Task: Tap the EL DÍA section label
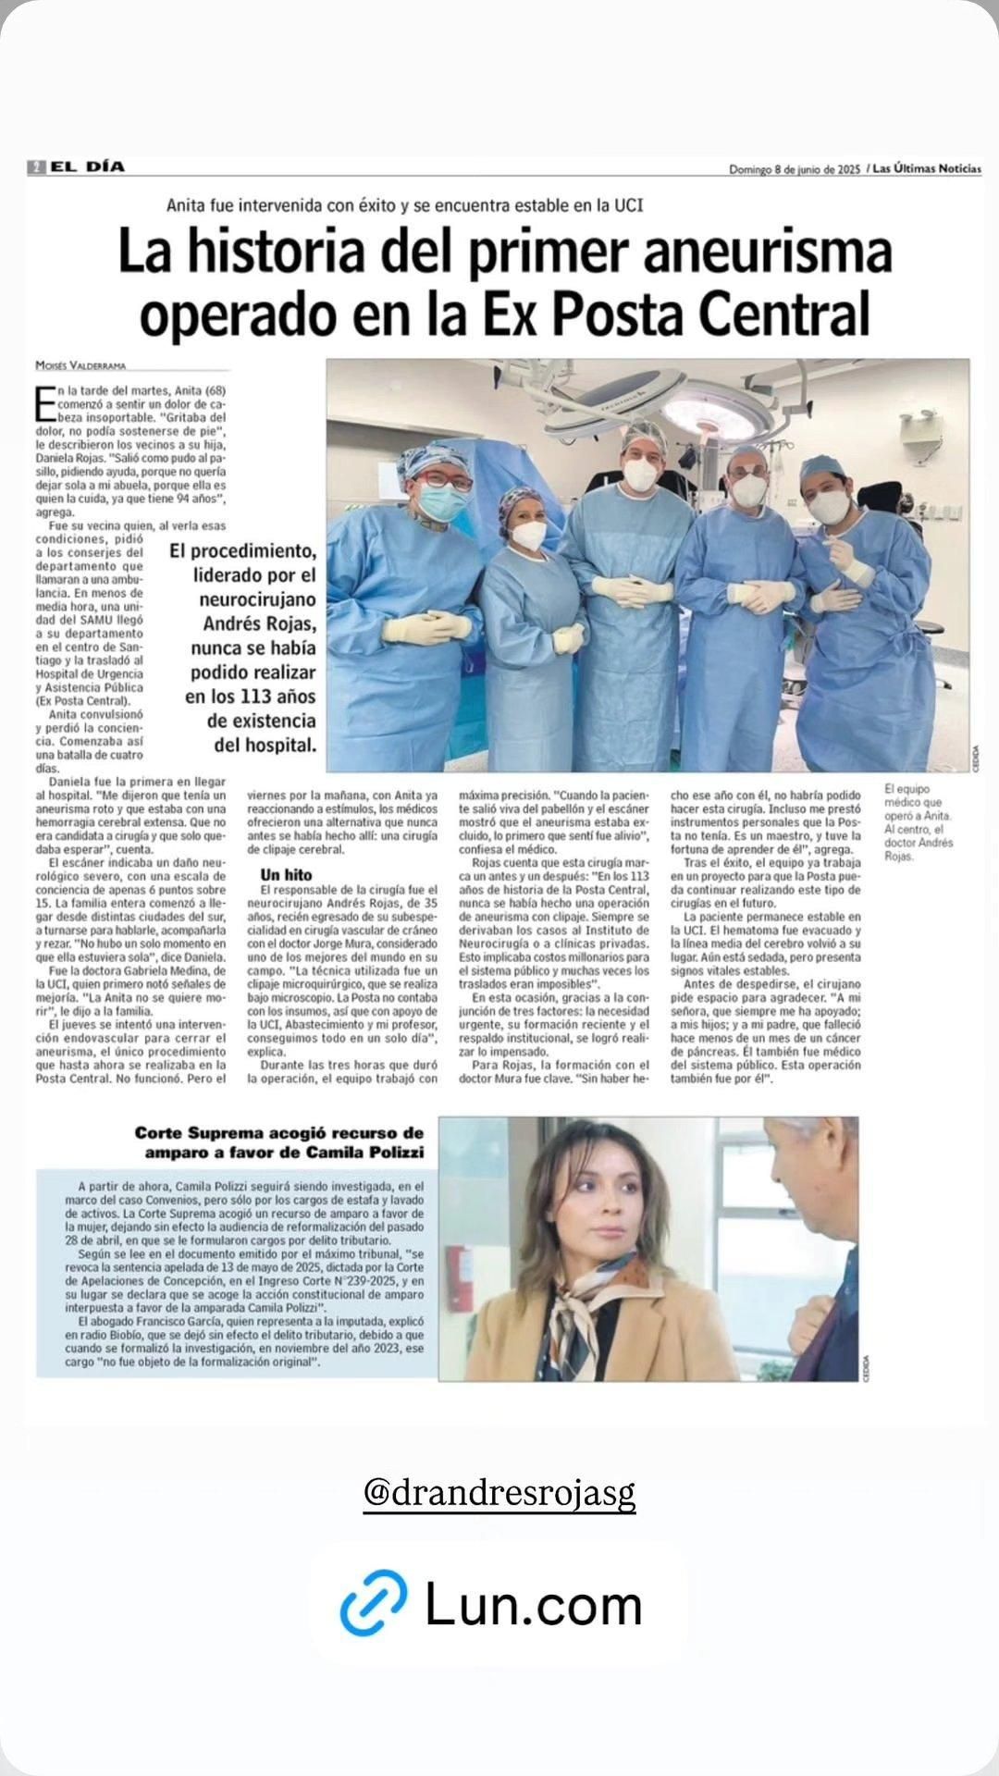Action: coord(87,167)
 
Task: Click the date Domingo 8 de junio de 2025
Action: coord(795,169)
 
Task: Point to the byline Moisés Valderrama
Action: coord(80,366)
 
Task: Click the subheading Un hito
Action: coord(286,875)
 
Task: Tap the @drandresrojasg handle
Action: coord(499,1492)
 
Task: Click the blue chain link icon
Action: coord(374,1603)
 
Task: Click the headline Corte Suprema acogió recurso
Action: coord(279,1133)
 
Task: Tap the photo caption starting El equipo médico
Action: coord(918,822)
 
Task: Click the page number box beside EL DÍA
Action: coord(36,167)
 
